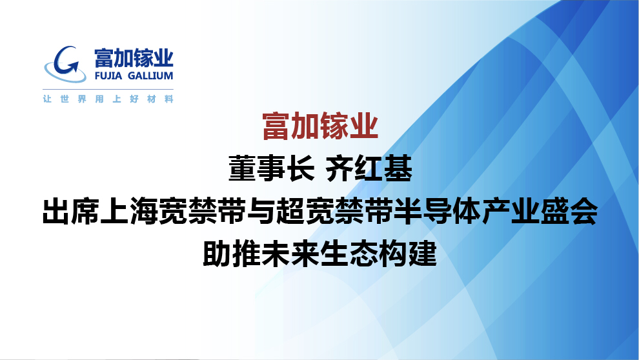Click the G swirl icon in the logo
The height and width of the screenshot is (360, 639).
[65, 65]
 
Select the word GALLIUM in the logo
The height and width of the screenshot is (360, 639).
[150, 75]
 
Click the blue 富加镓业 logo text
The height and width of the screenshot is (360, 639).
[134, 58]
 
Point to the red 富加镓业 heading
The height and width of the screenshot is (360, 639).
[320, 126]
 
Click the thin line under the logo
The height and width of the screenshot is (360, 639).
[108, 89]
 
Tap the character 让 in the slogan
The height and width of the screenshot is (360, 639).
[47, 99]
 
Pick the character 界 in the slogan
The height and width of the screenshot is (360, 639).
[82, 99]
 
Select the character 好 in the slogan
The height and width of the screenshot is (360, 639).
[134, 99]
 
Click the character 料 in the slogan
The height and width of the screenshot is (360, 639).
[168, 99]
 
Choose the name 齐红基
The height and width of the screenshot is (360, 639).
[369, 168]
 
